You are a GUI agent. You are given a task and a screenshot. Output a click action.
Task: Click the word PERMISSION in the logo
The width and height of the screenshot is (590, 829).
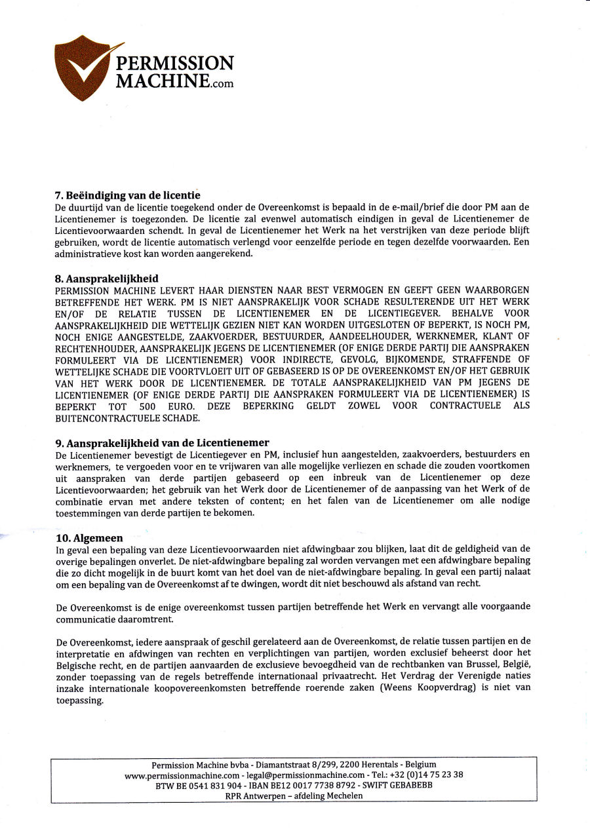[174, 64]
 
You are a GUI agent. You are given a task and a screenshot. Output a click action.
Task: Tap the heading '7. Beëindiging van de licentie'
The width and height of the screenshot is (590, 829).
[127, 195]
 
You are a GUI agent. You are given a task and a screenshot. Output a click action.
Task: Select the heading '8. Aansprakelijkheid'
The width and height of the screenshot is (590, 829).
[107, 279]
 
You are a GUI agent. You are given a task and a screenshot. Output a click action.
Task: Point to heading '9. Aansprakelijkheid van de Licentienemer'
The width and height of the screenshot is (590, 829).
[162, 442]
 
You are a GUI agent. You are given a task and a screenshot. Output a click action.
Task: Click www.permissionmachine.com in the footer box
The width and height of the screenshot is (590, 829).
[182, 775]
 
